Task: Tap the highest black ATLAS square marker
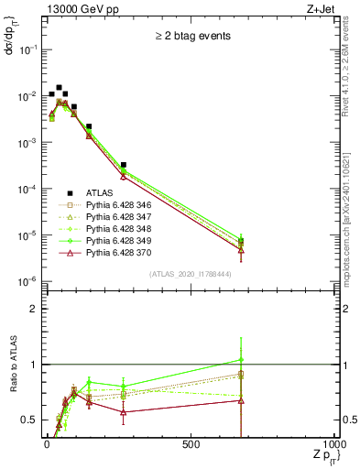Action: point(59,88)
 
